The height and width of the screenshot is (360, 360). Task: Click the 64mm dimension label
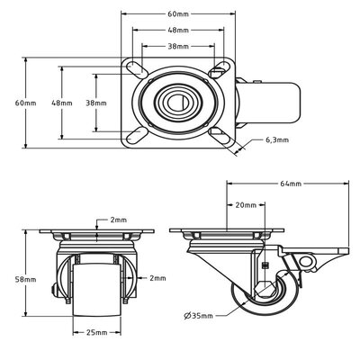click(x=290, y=184)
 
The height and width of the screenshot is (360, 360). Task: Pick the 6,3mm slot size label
click(x=277, y=140)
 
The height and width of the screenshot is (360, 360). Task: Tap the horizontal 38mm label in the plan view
click(x=178, y=45)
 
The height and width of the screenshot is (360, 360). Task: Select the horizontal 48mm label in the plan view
click(x=178, y=30)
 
